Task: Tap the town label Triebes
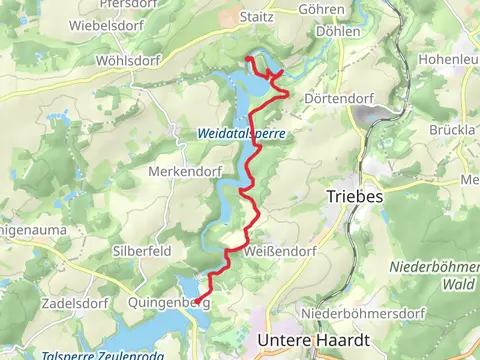[355, 197]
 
